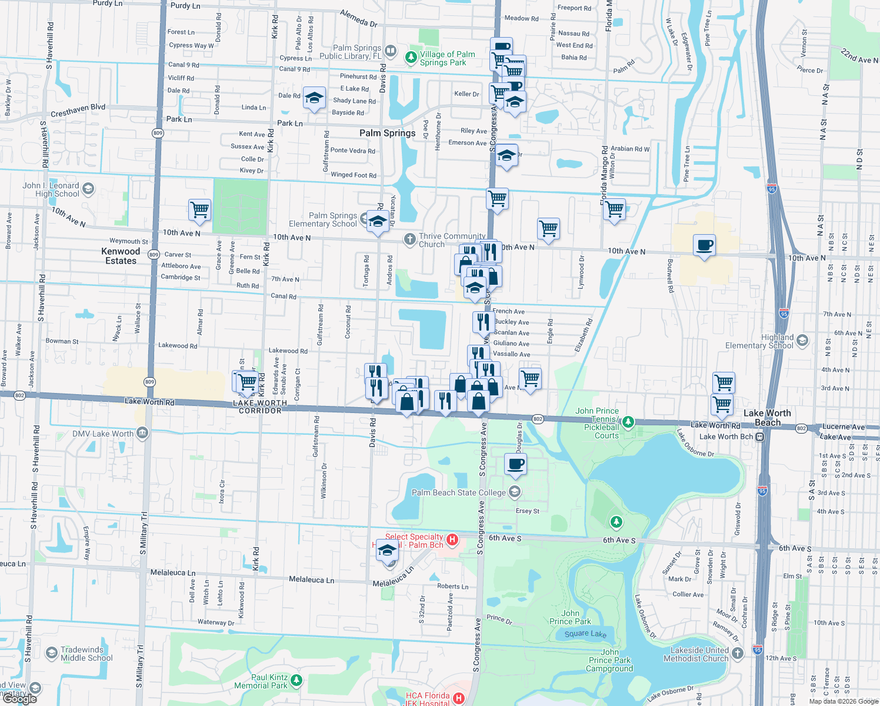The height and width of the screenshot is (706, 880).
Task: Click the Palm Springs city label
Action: tap(387, 133)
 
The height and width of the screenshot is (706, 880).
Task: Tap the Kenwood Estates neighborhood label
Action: tap(121, 256)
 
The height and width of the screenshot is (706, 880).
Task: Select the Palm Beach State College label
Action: tap(458, 492)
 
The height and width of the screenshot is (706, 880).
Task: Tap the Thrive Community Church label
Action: tap(452, 240)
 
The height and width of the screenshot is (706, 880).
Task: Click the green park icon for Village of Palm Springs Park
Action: tap(411, 58)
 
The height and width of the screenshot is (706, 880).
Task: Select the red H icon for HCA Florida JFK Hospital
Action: tap(459, 698)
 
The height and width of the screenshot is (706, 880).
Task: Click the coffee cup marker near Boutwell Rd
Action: tap(704, 245)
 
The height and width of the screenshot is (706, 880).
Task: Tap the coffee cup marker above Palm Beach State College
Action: tap(516, 464)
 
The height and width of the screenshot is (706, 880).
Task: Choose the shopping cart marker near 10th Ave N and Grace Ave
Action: tap(200, 209)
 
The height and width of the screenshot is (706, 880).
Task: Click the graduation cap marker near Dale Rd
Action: tap(314, 98)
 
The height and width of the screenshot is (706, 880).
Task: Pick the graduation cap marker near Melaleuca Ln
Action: tap(387, 551)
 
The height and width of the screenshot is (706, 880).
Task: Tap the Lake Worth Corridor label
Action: tap(260, 407)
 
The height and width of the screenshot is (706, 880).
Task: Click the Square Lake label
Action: tap(585, 634)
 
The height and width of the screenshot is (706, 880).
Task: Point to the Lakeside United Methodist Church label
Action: tap(696, 654)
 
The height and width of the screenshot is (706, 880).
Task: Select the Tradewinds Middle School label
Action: tap(86, 654)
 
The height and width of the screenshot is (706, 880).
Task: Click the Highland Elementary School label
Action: tap(759, 341)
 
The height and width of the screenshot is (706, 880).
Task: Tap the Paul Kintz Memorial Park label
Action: tap(261, 681)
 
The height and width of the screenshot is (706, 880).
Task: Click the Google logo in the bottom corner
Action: tap(20, 698)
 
